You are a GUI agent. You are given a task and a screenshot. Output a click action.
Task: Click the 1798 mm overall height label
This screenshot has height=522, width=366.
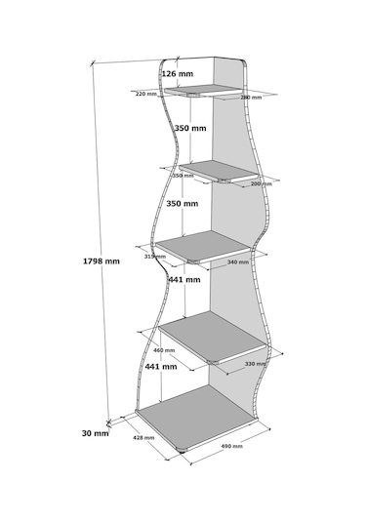point(102,261)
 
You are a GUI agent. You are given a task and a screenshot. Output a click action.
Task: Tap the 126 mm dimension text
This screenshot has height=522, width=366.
point(177,74)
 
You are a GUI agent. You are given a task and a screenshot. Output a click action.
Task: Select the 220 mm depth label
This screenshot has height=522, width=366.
point(146,95)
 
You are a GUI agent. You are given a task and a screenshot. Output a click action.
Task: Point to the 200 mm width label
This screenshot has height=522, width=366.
point(261,184)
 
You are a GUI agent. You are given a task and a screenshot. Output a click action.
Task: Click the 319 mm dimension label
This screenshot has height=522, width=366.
point(153,257)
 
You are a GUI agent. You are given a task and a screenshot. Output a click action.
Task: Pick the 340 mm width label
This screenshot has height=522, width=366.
point(237,262)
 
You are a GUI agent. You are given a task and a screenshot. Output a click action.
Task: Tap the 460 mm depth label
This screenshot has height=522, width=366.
point(163,350)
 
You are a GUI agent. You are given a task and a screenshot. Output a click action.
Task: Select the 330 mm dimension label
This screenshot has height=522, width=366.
point(256,364)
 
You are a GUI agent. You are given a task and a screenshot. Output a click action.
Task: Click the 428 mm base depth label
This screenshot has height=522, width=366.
point(144,439)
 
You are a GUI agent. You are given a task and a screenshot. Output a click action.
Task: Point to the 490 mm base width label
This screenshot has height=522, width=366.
point(232,447)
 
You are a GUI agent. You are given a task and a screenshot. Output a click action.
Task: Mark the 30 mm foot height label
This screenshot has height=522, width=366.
point(96,433)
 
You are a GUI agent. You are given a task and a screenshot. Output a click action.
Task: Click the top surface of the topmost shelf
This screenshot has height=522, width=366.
point(203,92)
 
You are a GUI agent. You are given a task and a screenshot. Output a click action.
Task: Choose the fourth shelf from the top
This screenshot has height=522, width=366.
point(213,337)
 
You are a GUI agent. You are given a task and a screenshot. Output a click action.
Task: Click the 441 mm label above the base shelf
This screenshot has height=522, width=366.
point(161,367)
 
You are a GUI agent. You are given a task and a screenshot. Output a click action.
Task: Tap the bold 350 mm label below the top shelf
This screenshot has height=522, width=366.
point(189,129)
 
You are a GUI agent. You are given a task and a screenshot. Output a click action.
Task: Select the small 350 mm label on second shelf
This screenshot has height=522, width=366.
point(183,176)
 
